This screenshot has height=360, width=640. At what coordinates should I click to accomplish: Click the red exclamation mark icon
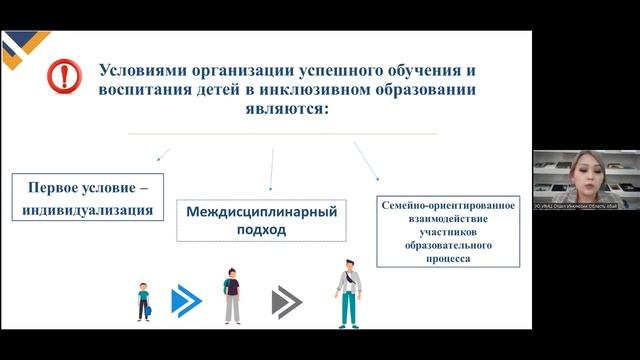tap(66, 75)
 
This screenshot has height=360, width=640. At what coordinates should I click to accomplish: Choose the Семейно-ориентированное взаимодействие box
tap(448, 231)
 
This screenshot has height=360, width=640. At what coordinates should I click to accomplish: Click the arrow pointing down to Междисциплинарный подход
tap(272, 170)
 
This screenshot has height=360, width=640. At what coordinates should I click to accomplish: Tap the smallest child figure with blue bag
tap(144, 302)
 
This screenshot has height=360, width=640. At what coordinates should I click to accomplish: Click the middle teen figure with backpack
tap(232, 297)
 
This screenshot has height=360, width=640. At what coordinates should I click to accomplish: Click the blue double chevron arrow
tap(186, 300)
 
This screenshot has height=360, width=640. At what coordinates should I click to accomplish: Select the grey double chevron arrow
tap(287, 300)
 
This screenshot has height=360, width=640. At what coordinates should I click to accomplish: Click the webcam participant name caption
tap(576, 205)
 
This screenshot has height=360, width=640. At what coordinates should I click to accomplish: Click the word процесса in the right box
tap(447, 258)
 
